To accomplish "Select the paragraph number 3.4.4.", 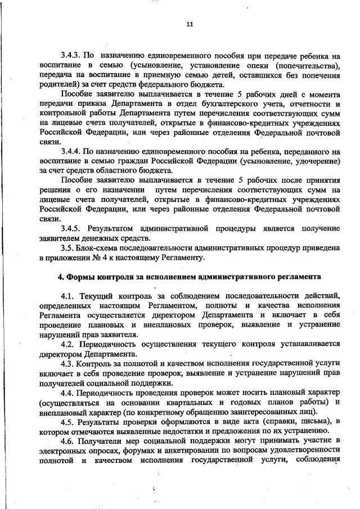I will point(71,152).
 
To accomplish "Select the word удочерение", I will point(313,161).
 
